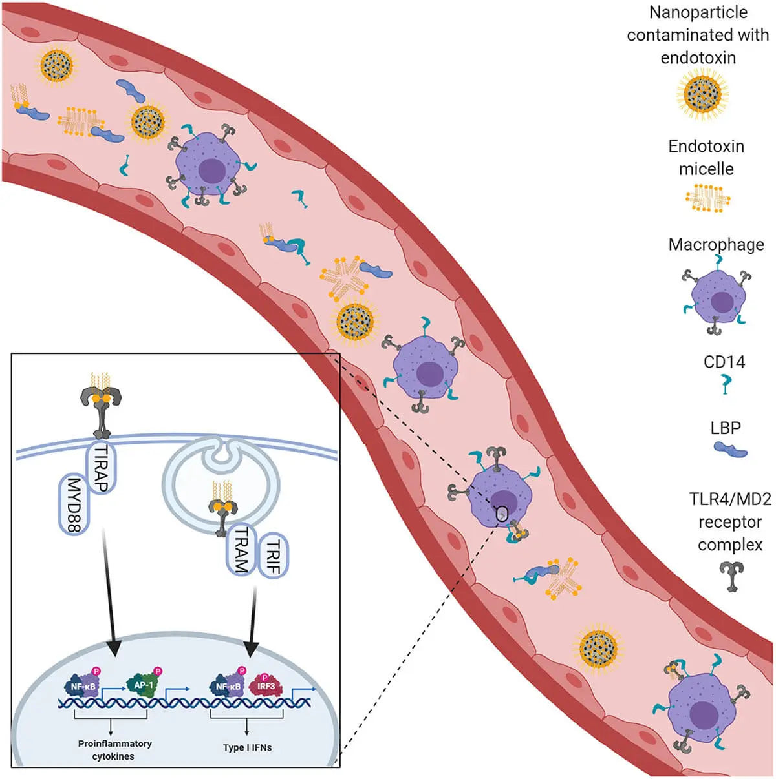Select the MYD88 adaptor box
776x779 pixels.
click(x=74, y=504)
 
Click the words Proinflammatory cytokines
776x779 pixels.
click(x=114, y=749)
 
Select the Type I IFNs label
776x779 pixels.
click(x=247, y=747)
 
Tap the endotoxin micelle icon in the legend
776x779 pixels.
click(x=707, y=198)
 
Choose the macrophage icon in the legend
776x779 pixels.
click(x=716, y=298)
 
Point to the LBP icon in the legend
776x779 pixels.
click(x=730, y=449)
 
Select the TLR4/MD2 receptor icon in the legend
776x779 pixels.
click(x=731, y=576)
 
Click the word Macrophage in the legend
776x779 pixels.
click(x=716, y=244)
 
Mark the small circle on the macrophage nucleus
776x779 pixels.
click(x=502, y=514)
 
